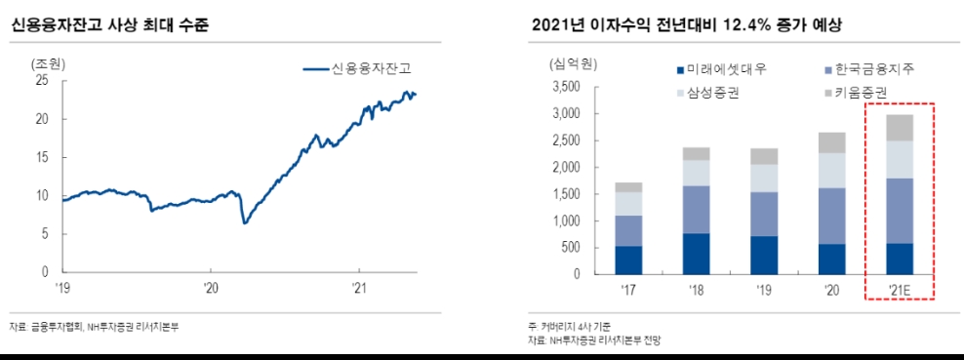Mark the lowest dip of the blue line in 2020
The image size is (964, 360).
click(244, 222)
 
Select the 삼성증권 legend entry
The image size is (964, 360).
click(712, 93)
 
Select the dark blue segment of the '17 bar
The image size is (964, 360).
click(628, 260)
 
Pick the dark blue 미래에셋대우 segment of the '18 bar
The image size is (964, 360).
click(695, 254)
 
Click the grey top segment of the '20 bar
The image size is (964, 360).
click(831, 142)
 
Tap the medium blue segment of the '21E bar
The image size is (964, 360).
click(899, 211)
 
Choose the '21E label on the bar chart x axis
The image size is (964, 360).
click(899, 290)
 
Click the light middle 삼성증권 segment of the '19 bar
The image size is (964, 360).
click(764, 178)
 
